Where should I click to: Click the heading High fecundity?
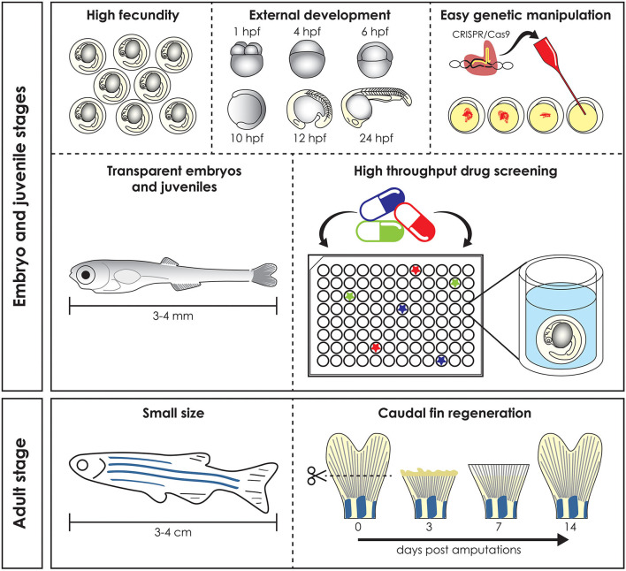133,16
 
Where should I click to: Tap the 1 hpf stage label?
247,32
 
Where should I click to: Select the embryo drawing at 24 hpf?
376,107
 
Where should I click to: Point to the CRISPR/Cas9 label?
481,34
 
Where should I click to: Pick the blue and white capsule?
382,204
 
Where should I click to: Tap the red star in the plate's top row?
416,270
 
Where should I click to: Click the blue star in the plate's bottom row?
441,361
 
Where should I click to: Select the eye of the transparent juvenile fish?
86,275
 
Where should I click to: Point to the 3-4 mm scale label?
173,316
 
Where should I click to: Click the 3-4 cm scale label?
173,532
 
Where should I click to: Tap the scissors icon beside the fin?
317,476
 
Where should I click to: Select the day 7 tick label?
499,527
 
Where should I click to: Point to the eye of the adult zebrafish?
82,465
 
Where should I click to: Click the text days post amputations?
459,551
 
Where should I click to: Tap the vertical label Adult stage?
20,483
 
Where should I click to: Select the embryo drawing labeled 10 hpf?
247,109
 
